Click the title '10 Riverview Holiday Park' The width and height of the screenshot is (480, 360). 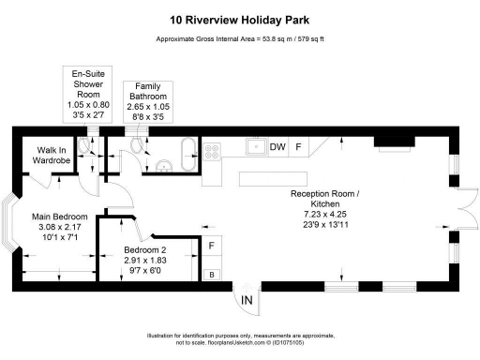point(239,18)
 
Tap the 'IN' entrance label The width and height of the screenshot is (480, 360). point(247,300)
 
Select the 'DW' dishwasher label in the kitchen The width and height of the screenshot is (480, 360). point(277,147)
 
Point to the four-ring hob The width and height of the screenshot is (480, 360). point(212,148)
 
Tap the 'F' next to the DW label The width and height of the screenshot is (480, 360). point(299,147)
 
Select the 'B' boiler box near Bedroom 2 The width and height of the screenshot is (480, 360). point(212,274)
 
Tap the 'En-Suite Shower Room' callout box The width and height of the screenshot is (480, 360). point(92,97)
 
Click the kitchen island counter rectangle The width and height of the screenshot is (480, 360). point(260,178)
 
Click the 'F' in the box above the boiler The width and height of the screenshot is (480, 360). point(212,246)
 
